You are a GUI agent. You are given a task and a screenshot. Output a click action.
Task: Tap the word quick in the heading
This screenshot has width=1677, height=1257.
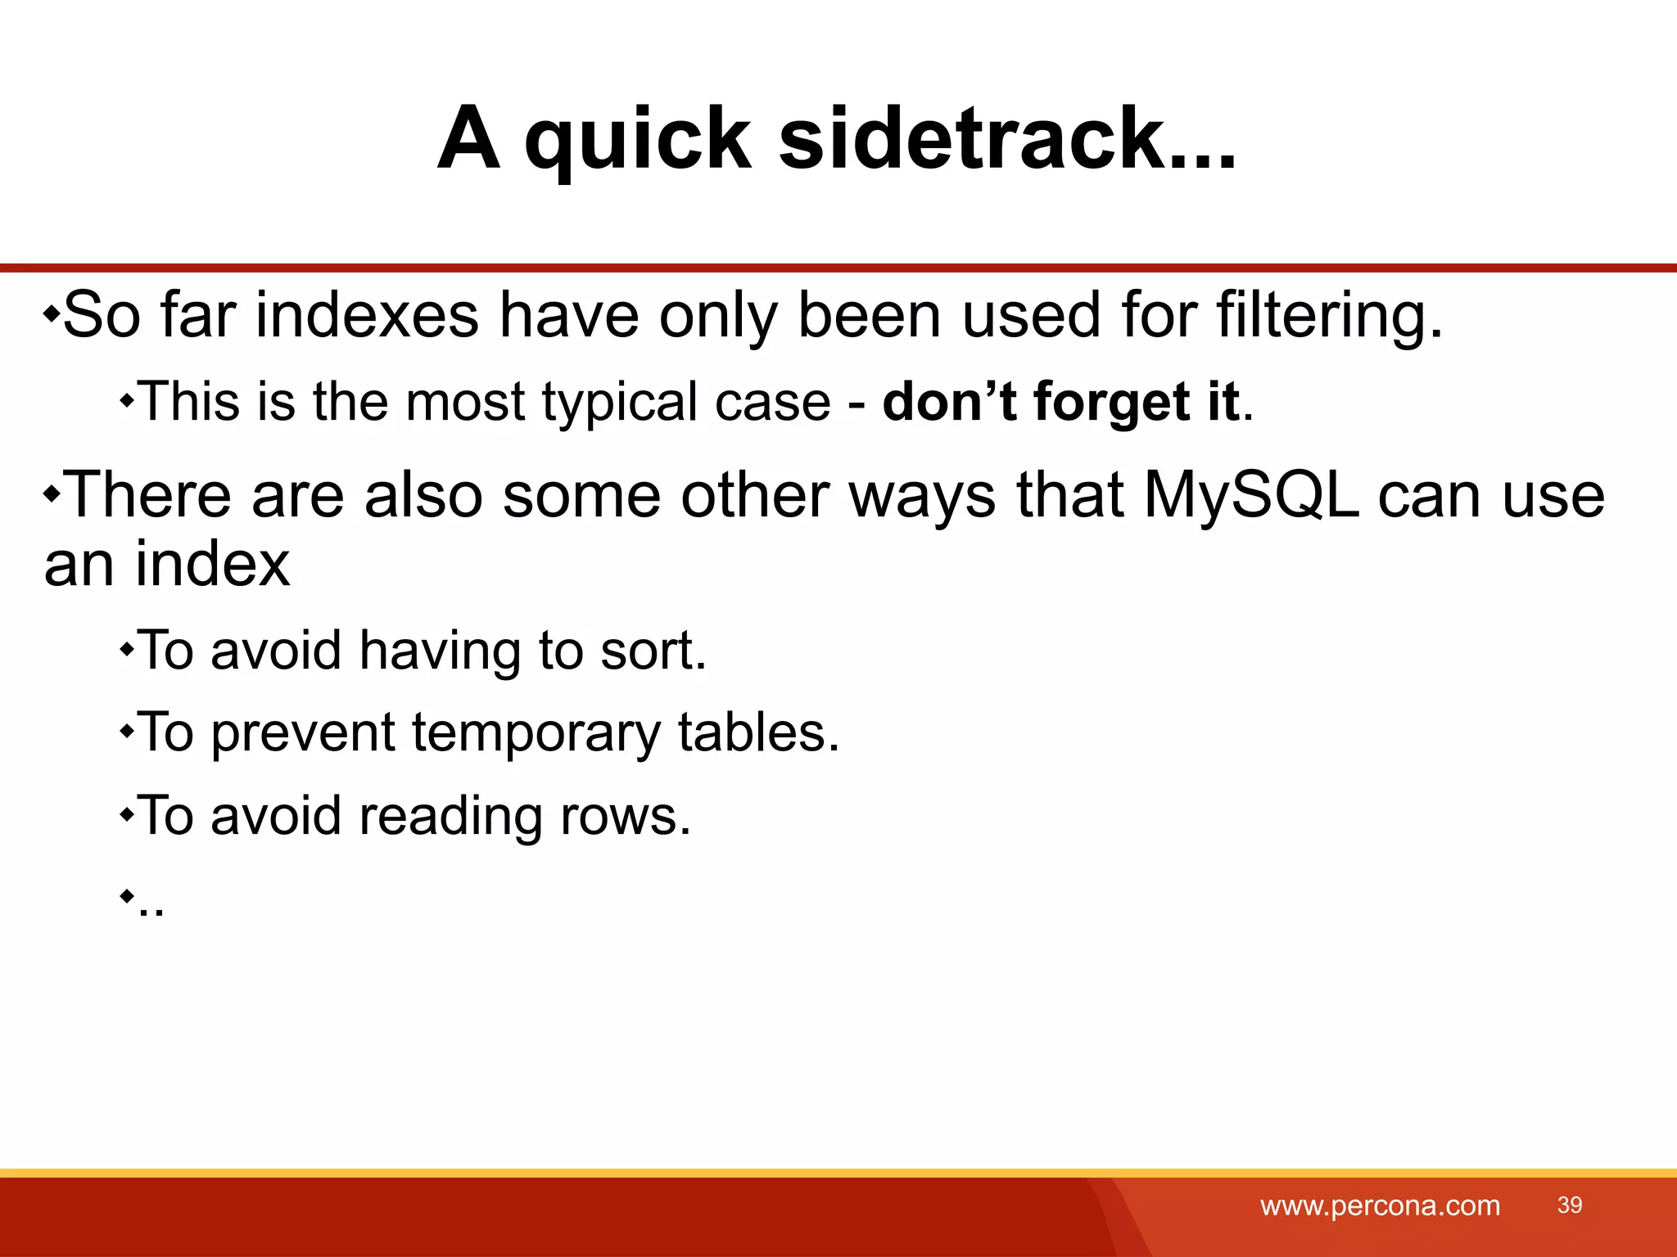click(x=637, y=141)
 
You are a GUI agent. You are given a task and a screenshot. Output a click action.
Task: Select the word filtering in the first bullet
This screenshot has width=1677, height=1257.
click(x=1328, y=317)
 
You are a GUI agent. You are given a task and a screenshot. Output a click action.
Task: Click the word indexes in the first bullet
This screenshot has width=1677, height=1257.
click(x=367, y=315)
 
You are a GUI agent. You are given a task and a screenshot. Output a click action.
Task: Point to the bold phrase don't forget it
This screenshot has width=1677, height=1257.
click(x=1060, y=403)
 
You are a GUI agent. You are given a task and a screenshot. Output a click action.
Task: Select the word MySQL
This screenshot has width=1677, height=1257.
click(x=1251, y=496)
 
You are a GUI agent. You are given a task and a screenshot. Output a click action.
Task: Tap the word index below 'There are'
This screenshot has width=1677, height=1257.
click(x=212, y=564)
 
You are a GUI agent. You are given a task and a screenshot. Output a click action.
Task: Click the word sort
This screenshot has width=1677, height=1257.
click(x=653, y=651)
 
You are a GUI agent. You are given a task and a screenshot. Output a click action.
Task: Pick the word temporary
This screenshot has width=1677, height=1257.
click(x=536, y=732)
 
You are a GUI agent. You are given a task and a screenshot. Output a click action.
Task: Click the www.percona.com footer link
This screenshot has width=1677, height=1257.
click(x=1380, y=1205)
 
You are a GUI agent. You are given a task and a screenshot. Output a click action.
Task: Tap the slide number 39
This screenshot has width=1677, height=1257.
click(x=1570, y=1205)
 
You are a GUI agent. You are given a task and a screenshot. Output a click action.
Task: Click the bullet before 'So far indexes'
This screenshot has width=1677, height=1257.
click(x=52, y=313)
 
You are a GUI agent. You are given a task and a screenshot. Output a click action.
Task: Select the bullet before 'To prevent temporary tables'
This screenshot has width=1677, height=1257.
click(x=126, y=731)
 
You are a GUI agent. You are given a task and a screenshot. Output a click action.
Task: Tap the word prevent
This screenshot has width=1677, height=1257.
click(x=303, y=732)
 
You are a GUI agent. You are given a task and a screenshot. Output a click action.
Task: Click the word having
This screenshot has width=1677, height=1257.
click(x=440, y=651)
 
